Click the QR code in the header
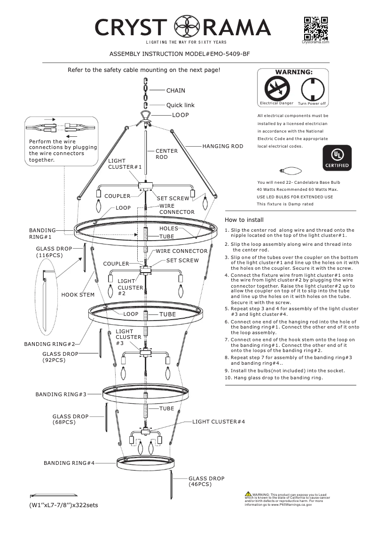click(315, 29)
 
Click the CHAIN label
click(176, 90)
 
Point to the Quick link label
click(180, 105)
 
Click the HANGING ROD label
click(223, 146)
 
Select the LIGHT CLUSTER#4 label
click(219, 422)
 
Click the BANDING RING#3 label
click(61, 394)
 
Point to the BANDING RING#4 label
click(69, 463)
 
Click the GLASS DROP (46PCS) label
click(206, 481)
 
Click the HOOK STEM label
click(78, 295)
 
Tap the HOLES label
click(169, 228)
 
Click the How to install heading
click(244, 219)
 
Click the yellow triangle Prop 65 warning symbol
click(248, 494)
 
